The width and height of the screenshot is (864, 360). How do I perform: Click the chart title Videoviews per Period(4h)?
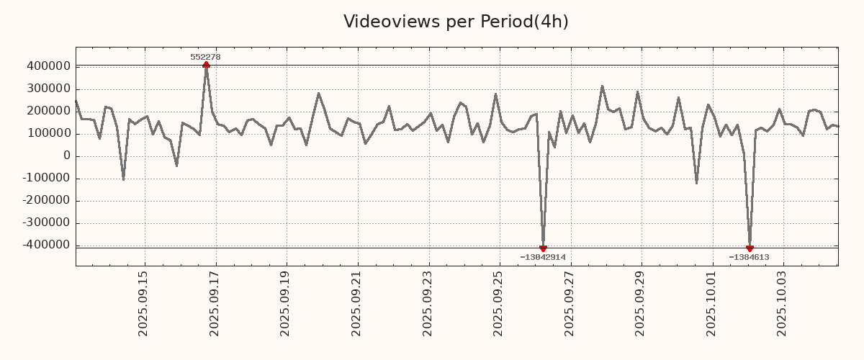click(456, 22)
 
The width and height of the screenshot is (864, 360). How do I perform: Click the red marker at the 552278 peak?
click(206, 65)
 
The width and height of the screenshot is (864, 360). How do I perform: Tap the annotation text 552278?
click(205, 57)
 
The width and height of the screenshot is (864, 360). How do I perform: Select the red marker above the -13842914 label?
click(543, 248)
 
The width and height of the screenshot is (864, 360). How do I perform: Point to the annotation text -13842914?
click(543, 257)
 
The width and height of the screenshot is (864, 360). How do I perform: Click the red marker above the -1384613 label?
click(750, 248)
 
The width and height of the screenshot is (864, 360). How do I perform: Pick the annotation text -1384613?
click(749, 257)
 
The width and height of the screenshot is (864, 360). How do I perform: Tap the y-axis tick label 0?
click(67, 156)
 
